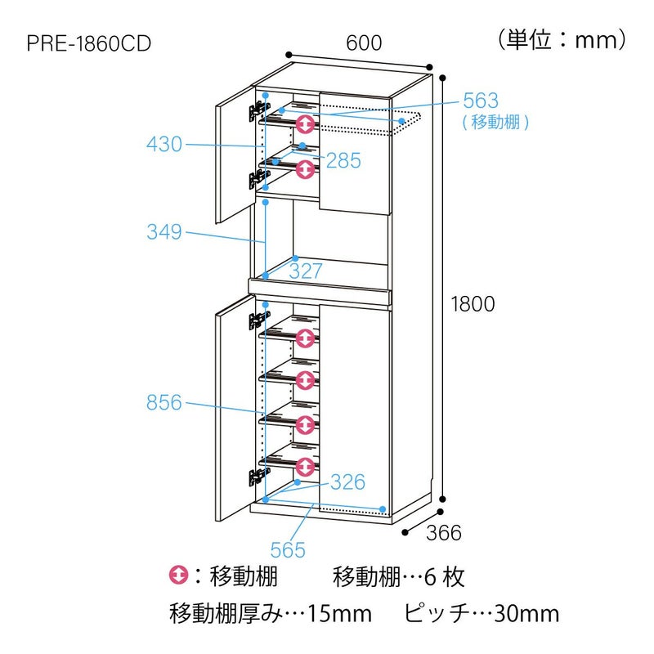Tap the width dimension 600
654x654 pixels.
[364, 43]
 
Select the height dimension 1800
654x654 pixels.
[473, 304]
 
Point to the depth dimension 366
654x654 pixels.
[444, 532]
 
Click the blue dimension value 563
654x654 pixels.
[480, 101]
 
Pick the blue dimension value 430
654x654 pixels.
[164, 145]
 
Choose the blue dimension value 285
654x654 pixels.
[343, 160]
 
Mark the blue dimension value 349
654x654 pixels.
[164, 232]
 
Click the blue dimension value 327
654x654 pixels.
[306, 271]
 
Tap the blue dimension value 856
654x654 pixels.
[164, 401]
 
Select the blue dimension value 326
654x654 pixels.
[347, 482]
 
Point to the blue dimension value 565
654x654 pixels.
[288, 549]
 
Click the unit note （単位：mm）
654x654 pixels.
[562, 39]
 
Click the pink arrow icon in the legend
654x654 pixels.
[178, 576]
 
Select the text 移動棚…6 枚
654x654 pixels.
[399, 577]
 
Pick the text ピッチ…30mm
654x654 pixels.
[482, 613]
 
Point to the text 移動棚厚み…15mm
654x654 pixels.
[271, 613]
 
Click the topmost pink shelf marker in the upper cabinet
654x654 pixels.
[305, 124]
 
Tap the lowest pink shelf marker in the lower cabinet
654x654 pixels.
[305, 467]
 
